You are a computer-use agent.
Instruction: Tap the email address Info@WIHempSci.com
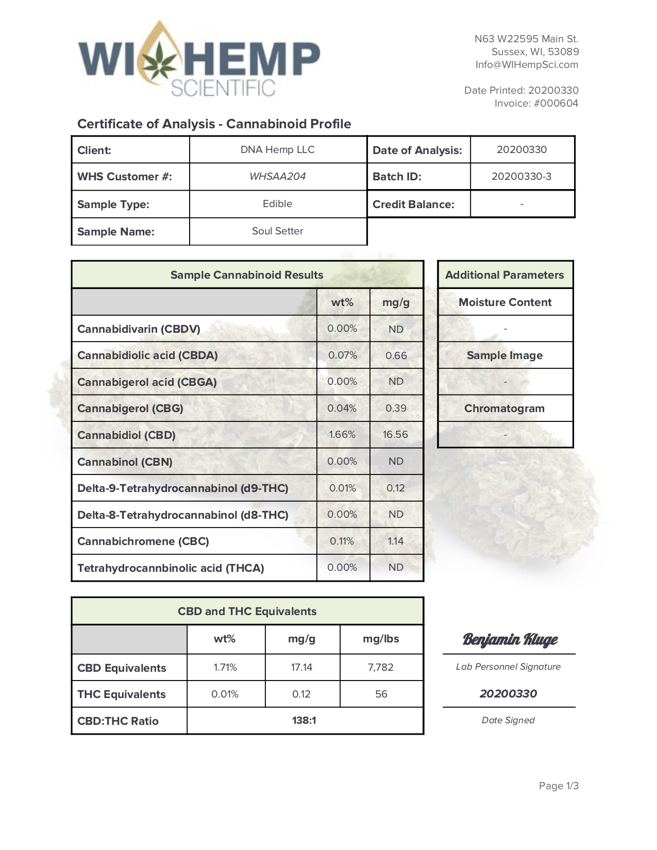coord(527,65)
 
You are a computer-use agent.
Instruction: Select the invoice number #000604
coord(555,104)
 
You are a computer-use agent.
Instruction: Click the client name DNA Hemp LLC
coord(277,150)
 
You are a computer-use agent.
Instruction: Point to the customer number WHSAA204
coord(277,177)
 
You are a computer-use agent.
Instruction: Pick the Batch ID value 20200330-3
coord(521,177)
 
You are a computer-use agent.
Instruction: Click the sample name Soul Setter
coord(277,231)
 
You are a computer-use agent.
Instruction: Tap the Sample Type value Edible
coord(277,204)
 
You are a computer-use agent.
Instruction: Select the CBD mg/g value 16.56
coord(395,435)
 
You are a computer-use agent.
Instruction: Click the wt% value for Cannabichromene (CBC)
coord(342,541)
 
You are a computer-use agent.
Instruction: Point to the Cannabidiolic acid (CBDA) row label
coord(147,355)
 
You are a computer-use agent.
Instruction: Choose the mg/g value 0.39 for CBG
coord(396,409)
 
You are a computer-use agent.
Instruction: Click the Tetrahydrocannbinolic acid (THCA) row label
coord(171,568)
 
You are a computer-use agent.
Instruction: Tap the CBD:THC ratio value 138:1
coord(304,721)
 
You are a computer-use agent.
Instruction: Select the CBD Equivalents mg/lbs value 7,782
coord(381,668)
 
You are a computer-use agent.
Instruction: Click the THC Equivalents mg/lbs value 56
coord(381,694)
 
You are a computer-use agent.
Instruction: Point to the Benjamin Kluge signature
coord(510,640)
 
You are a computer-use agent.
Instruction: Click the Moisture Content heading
coord(505,302)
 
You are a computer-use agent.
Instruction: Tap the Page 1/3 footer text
coord(559,786)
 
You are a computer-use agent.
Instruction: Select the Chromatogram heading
coord(504,409)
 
